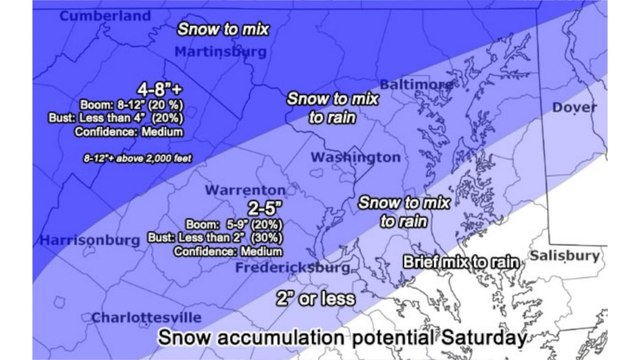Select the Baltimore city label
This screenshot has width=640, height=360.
coord(415,86)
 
